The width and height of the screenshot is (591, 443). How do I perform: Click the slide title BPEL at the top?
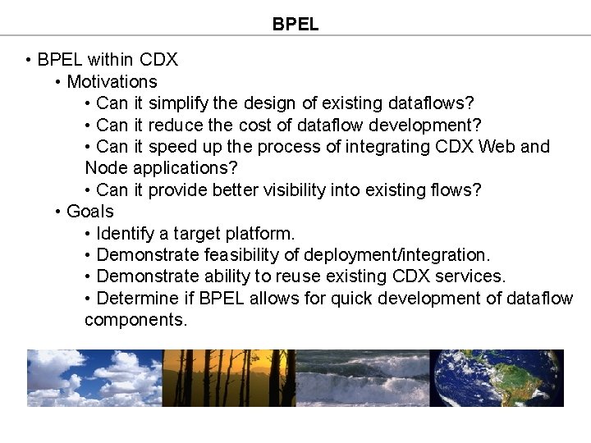click(295, 25)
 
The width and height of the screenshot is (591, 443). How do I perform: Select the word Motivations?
click(112, 82)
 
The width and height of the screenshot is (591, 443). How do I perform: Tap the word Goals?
click(90, 212)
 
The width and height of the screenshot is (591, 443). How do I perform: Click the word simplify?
click(178, 103)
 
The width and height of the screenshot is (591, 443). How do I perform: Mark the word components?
click(135, 320)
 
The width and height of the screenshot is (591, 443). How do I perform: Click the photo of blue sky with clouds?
click(94, 378)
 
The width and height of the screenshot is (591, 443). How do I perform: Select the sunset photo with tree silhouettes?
click(229, 378)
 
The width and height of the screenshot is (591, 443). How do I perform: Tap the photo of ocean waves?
click(363, 378)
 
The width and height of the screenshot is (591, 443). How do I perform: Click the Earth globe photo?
click(497, 378)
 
